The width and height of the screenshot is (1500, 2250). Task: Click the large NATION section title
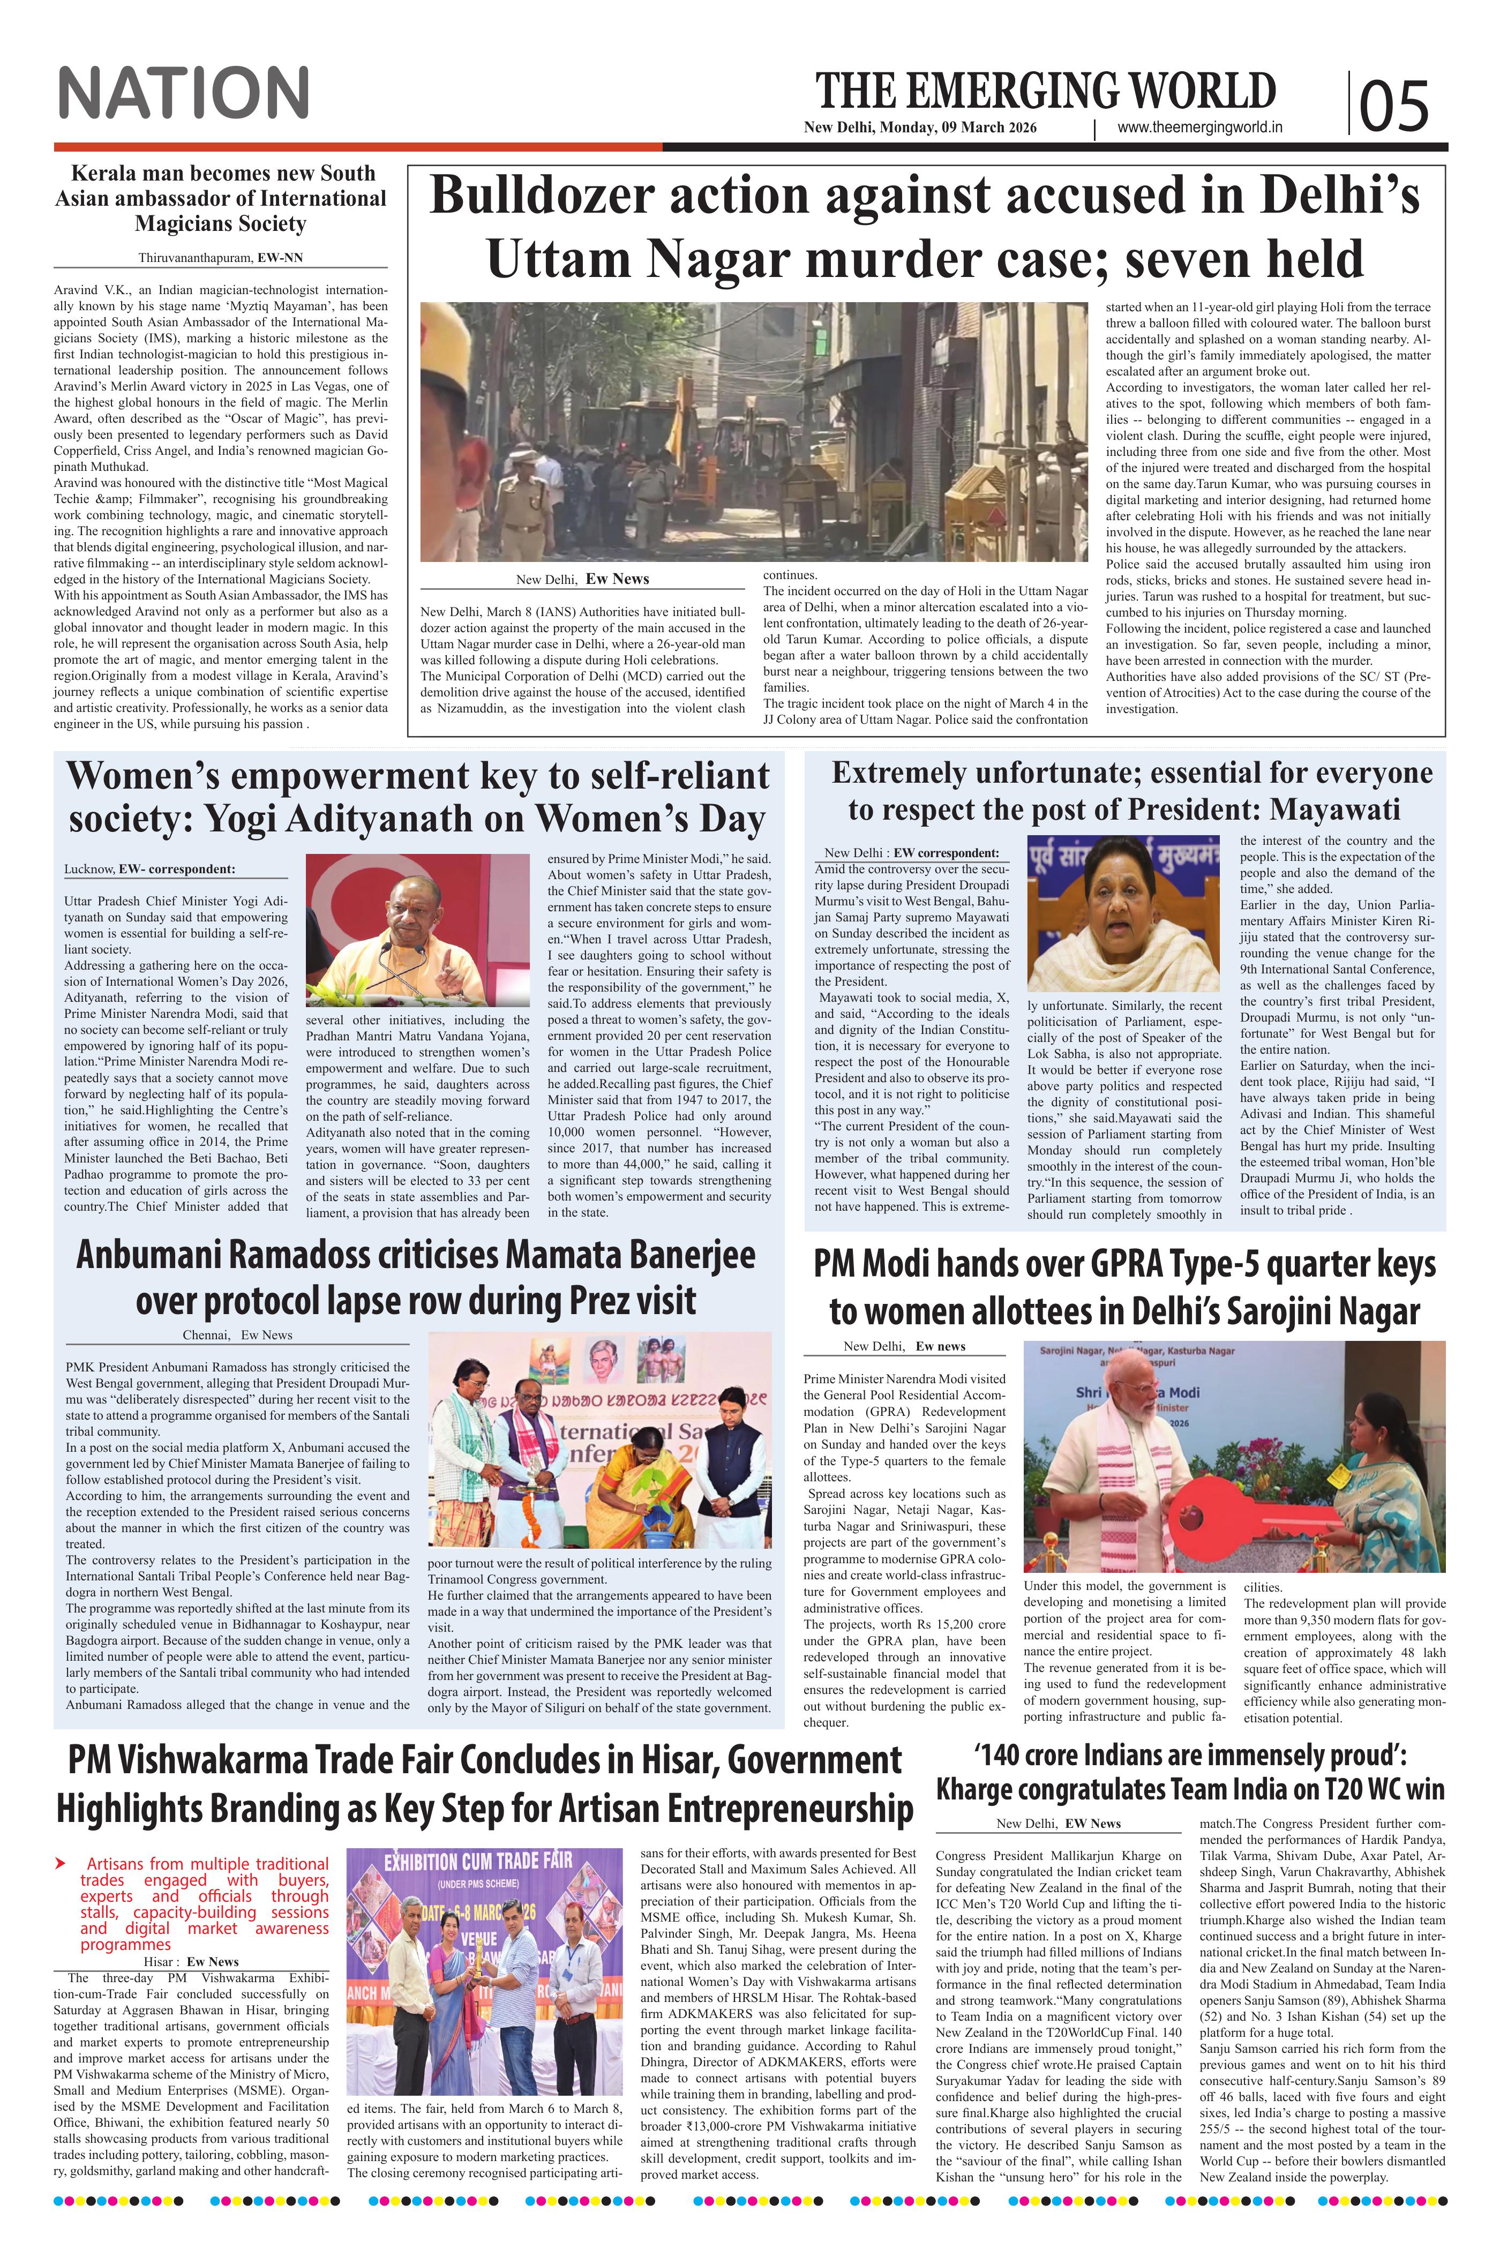tap(184, 93)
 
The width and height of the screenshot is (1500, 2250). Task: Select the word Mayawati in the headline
tap(1337, 809)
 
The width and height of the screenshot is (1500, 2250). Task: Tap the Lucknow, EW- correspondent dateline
tap(150, 869)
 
